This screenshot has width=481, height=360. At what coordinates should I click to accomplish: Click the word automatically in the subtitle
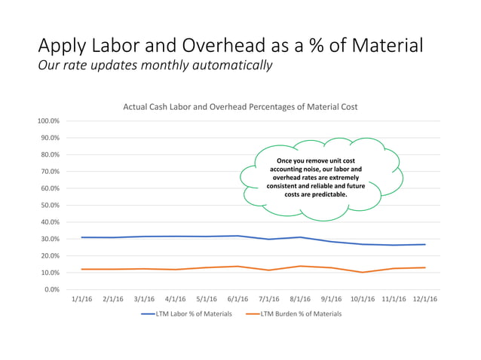tap(229, 66)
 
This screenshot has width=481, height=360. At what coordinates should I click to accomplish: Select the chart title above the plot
tap(240, 107)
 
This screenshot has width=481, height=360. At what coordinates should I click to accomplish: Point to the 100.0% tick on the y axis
tap(50, 121)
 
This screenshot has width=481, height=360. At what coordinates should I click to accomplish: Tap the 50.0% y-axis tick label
tap(51, 206)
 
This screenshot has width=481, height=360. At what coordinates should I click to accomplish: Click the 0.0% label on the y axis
tap(53, 290)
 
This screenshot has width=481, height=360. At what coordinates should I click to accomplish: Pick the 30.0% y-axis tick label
tap(51, 239)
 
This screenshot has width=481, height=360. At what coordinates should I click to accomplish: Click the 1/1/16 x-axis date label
tap(81, 299)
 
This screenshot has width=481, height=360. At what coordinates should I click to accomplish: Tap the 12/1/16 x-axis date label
tap(425, 299)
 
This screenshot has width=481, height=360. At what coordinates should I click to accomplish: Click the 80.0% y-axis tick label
tap(51, 155)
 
